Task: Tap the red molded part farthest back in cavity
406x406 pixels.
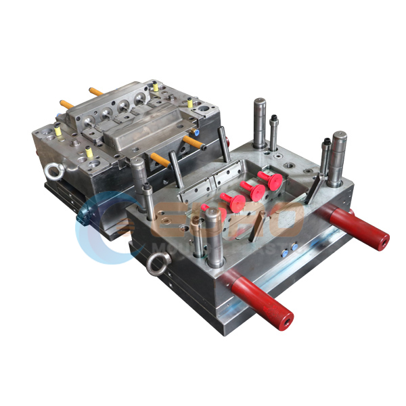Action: pyautogui.click(x=272, y=180)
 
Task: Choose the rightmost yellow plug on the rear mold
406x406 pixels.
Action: pyautogui.click(x=191, y=104)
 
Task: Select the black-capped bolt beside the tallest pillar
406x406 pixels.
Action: pyautogui.click(x=273, y=132)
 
